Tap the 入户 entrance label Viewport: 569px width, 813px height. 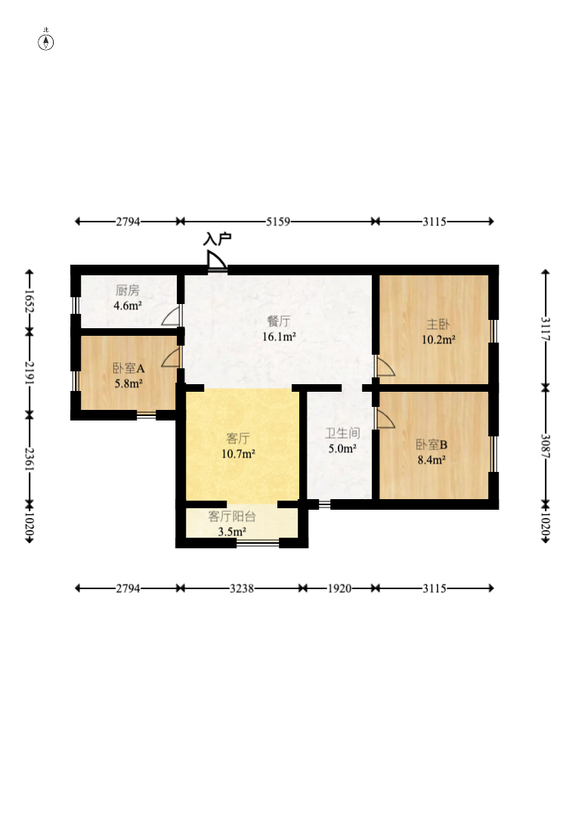[217, 239]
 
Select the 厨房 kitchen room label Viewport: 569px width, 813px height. [128, 290]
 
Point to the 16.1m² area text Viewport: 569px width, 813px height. [279, 337]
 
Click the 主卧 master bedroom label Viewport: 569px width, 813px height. [438, 324]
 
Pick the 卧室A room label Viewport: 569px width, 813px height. [128, 368]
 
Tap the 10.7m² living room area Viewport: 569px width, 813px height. [238, 455]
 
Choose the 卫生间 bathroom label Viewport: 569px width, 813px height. [342, 433]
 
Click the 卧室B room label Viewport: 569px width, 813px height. [431, 445]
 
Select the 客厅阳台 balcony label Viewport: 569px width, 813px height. [232, 517]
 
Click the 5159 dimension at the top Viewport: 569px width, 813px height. [278, 222]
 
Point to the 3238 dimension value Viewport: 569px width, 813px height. [242, 588]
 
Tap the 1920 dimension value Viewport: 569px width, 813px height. [339, 588]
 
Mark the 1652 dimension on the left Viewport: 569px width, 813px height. [29, 301]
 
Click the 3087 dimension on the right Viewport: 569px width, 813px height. [545, 446]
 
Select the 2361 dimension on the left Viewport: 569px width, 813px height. [29, 460]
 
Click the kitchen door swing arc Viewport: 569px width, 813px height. [171, 316]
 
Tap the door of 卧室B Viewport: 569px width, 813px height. [385, 418]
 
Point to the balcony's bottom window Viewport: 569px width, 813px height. [258, 543]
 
